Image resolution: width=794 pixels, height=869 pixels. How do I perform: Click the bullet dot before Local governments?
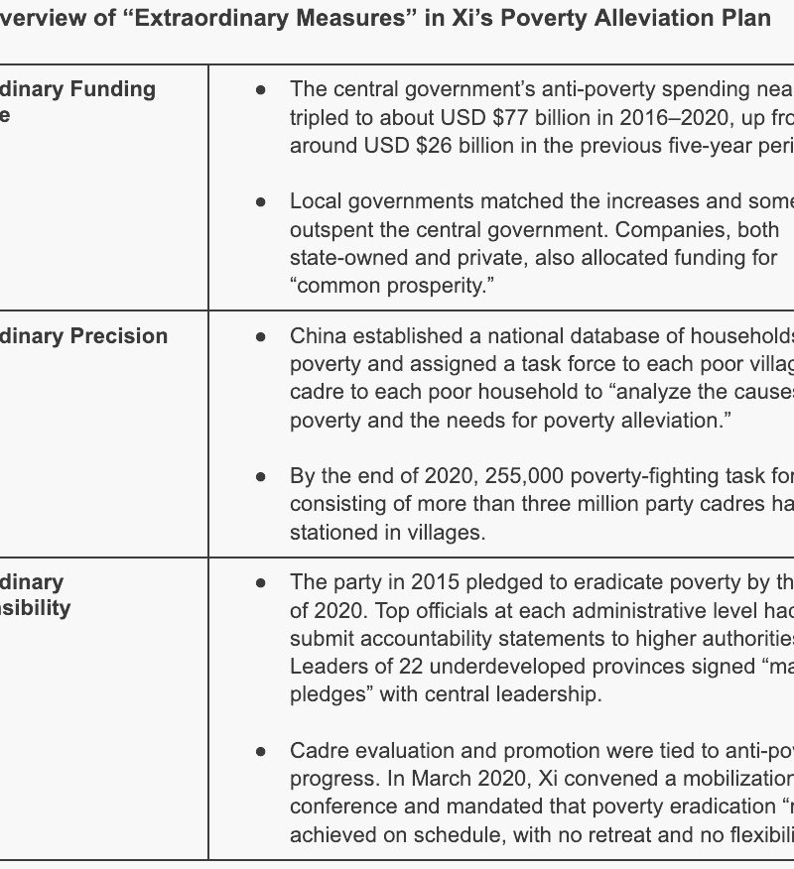point(261,201)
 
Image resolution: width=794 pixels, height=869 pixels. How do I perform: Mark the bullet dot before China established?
point(261,335)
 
